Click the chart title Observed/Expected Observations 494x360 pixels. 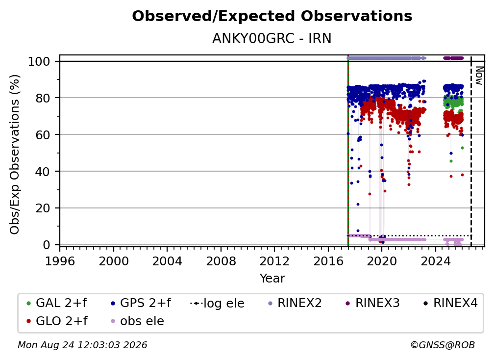point(272,16)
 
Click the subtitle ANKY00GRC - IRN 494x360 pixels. point(272,39)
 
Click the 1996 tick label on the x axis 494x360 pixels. point(60,261)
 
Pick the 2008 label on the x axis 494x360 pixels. point(221,261)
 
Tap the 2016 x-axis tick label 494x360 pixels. point(328,261)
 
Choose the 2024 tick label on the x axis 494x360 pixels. point(435,261)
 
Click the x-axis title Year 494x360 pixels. point(272,279)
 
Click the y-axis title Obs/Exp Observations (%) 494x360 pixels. point(15,154)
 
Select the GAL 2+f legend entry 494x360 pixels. point(57,303)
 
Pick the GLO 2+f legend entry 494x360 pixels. point(57,321)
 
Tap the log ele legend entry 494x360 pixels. point(218,303)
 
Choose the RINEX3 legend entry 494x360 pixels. point(372,303)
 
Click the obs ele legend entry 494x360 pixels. point(136,321)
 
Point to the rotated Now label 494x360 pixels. point(479,76)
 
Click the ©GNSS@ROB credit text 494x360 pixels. point(443,345)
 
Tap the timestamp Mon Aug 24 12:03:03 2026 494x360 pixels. point(82,345)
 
